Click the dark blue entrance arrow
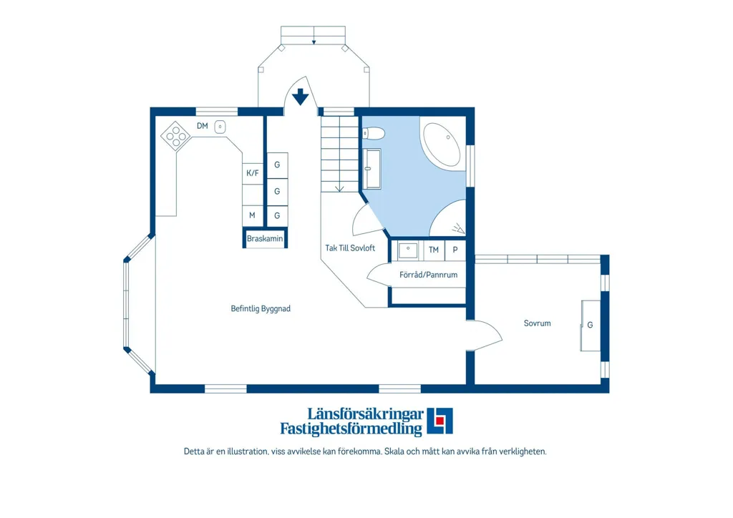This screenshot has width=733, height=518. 300,97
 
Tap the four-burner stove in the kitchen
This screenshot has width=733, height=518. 176,135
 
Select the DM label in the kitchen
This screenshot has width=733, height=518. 203,126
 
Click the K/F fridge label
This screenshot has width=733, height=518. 253,173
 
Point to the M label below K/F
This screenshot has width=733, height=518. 252,215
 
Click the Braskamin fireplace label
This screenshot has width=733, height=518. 265,239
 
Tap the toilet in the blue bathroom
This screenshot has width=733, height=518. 373,134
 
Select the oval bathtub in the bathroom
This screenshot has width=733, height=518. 442,145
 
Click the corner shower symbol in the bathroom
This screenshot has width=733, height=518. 448,219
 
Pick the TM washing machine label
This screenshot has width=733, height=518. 434,250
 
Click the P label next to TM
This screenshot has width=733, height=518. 455,250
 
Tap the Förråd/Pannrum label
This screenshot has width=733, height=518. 428,275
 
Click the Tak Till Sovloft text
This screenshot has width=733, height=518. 350,248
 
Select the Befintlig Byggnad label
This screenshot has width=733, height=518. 261,309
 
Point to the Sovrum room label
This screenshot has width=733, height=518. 537,323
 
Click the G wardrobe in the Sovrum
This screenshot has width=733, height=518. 591,325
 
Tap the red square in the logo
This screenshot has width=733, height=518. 440,421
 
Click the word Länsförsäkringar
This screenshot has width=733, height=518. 366,414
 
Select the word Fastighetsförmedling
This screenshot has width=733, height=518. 351,429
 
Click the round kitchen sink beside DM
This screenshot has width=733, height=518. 220,127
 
